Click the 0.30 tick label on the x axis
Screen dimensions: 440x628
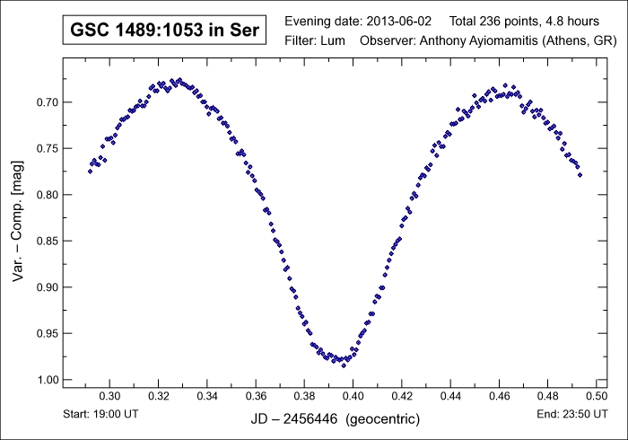109,395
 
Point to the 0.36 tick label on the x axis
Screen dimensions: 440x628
256,395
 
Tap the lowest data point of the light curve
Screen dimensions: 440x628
343,365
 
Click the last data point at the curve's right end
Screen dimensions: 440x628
580,175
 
